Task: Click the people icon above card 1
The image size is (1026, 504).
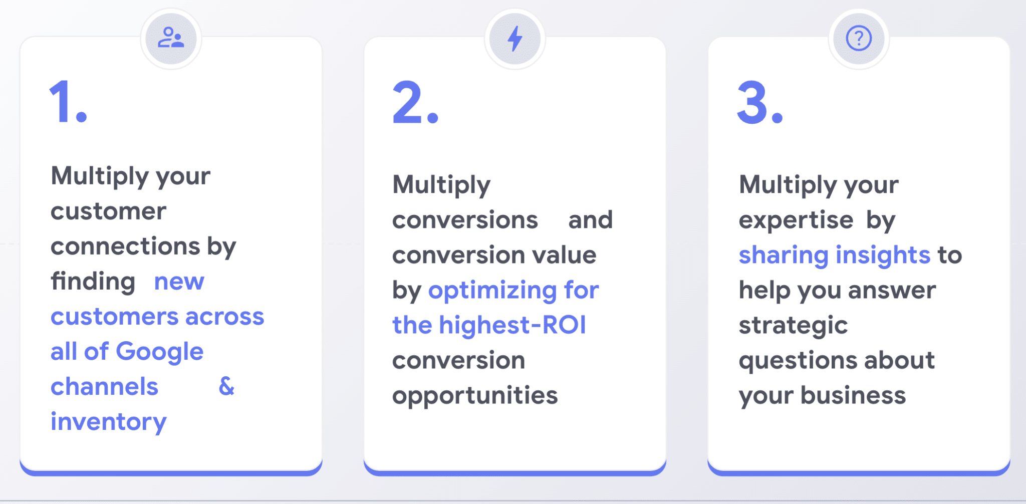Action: pos(171,38)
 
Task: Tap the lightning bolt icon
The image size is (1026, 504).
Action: pos(515,39)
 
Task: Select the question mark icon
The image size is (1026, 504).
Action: pos(859,38)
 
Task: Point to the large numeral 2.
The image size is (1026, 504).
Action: pos(408,102)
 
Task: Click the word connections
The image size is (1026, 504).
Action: pos(125,246)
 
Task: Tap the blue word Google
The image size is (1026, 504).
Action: pos(160,352)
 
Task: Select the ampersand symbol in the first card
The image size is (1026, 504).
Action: pos(226,386)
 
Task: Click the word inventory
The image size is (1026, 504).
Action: pos(108,422)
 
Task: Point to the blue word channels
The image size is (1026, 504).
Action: pos(104,386)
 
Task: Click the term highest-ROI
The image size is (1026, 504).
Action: pos(512,325)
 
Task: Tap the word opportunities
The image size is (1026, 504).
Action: pos(475,396)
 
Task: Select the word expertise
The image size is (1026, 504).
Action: pos(796,221)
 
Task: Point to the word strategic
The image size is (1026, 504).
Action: pos(793,326)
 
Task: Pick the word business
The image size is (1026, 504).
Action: pos(853,395)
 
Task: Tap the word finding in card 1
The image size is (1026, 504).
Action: pos(93,282)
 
